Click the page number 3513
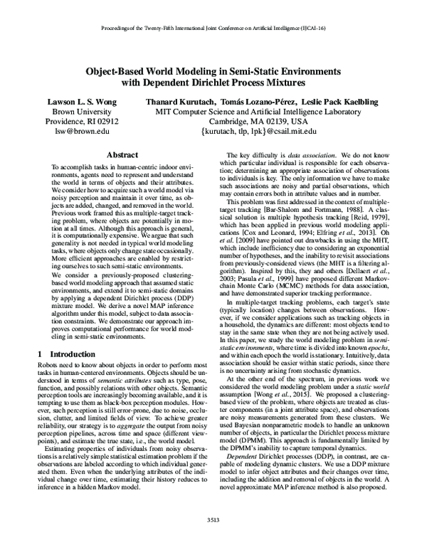click(213, 540)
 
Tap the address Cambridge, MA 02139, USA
click(263, 122)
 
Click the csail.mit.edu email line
click(263, 132)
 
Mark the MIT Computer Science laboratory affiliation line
click(263, 112)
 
